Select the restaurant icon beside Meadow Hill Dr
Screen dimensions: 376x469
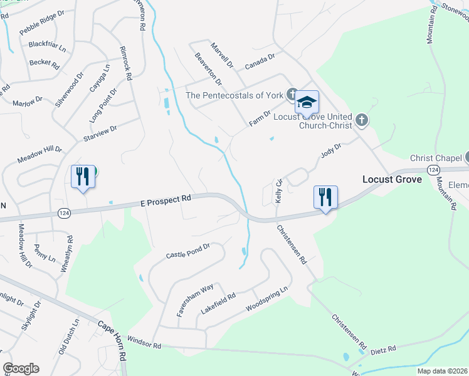tap(83, 176)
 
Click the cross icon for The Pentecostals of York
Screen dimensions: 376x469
tap(292, 95)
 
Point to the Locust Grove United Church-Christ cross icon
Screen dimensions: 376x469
tap(361, 119)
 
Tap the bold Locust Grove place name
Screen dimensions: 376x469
tap(392, 179)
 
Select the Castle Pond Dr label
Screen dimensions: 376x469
tap(187, 251)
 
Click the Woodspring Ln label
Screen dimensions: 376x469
tap(266, 298)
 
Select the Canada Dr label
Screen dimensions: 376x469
tap(260, 61)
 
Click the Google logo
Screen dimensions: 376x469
tap(21, 368)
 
